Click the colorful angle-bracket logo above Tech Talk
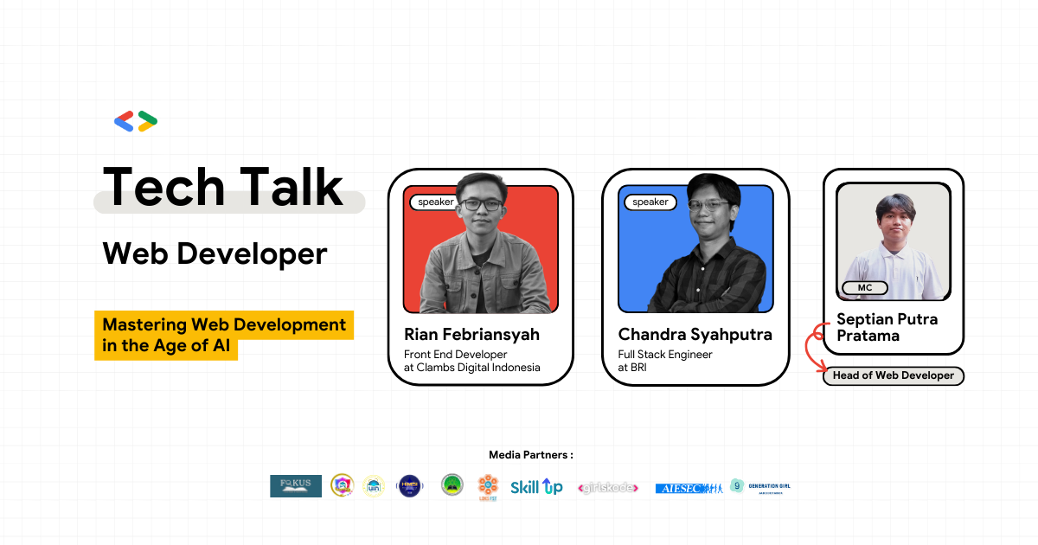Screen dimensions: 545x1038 pos(136,121)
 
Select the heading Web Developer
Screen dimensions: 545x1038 pos(215,253)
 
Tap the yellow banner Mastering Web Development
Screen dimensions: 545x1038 pos(224,325)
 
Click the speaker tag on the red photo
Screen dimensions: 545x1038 pos(435,202)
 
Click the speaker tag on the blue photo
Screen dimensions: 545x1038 pos(650,202)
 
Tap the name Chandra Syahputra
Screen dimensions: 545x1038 pos(695,335)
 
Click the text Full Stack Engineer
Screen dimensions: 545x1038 pos(665,354)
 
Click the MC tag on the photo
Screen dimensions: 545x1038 pos(864,287)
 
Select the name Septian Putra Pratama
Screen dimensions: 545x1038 pos(887,327)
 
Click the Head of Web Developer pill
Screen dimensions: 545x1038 pos(893,375)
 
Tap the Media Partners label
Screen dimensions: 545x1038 pos(530,455)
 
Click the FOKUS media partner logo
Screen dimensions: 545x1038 pos(295,486)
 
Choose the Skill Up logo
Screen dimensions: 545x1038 pos(536,487)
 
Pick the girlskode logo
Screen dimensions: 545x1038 pos(608,488)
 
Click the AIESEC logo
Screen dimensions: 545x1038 pos(688,488)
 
